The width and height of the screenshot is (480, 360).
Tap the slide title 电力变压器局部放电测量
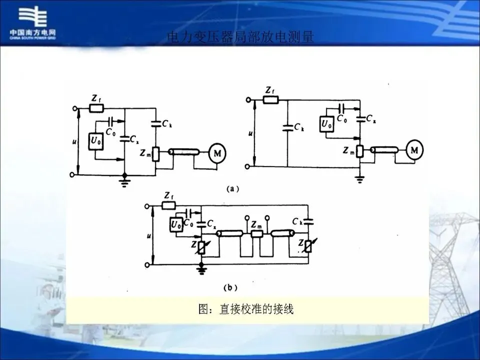(240, 37)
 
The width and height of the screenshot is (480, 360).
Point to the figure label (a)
(233, 189)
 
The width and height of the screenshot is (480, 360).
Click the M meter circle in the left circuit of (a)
(217, 153)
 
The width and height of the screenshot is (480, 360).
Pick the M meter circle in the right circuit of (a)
(414, 148)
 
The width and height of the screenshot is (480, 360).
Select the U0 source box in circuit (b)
(176, 225)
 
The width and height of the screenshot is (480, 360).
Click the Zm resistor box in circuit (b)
(256, 233)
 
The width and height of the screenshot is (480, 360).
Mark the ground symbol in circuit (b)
(200, 270)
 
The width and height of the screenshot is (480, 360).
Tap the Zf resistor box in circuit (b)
(168, 205)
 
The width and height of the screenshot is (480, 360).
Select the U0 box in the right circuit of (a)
(326, 123)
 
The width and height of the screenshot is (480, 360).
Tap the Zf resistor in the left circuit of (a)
(96, 107)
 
